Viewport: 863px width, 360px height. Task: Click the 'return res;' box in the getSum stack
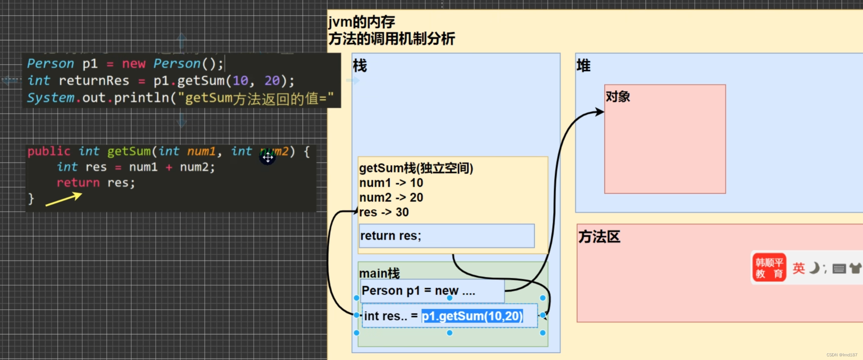click(x=446, y=236)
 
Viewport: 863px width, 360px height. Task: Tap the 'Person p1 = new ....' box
click(x=432, y=291)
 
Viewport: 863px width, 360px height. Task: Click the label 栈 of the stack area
click(x=360, y=66)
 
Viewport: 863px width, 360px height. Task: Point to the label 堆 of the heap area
click(x=583, y=66)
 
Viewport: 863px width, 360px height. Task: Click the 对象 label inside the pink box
click(x=618, y=97)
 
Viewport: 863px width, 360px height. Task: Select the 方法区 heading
click(x=599, y=237)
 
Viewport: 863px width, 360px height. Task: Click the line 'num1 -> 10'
click(x=391, y=183)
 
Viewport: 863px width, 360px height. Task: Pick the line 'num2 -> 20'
click(x=391, y=198)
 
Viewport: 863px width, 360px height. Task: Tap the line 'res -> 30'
click(x=384, y=212)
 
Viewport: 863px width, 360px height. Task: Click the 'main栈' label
click(x=379, y=273)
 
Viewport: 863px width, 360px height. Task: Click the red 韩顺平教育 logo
click(x=769, y=268)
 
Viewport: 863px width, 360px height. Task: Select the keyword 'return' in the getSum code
click(x=78, y=183)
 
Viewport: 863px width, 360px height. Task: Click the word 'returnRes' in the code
click(x=94, y=81)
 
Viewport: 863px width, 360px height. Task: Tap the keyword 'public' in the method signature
click(x=48, y=151)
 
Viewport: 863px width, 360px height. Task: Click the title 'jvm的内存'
click(x=362, y=22)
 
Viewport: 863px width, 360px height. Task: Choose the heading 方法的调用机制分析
click(x=391, y=39)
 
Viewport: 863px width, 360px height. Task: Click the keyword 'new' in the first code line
click(x=134, y=64)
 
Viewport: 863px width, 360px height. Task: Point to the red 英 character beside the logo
click(x=798, y=268)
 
